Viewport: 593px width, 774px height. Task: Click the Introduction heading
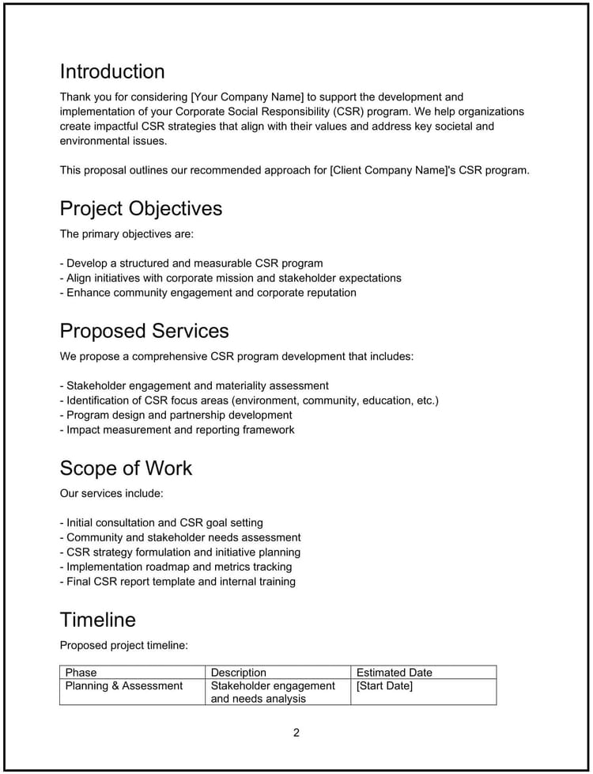112,71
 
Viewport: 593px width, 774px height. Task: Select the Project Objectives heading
141,208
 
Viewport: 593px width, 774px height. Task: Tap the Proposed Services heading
144,331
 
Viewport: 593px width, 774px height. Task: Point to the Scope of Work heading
126,468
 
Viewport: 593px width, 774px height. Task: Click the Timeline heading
97,619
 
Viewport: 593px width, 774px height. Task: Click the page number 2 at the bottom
296,732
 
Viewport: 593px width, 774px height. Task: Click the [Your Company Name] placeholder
236,97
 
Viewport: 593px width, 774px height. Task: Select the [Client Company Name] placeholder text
395,170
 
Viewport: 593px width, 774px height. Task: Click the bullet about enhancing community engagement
208,293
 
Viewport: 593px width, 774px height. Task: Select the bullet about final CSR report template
178,582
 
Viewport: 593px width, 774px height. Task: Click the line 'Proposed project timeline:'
124,645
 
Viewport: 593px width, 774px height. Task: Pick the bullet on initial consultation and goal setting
161,523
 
